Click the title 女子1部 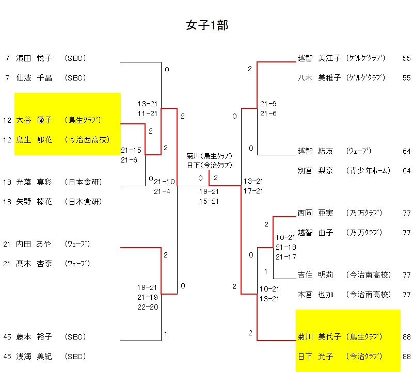click(207, 25)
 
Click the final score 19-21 click(209, 191)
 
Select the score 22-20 click(147, 307)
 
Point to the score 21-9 click(268, 103)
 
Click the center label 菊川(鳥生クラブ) click(209, 156)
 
